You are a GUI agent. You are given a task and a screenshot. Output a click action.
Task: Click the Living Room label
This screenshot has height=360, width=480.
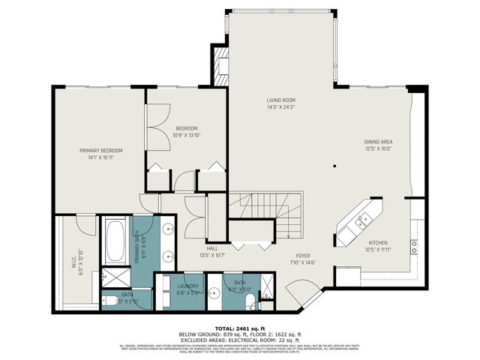(281, 103)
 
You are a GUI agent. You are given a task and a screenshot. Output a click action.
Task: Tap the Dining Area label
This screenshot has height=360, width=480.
(378, 145)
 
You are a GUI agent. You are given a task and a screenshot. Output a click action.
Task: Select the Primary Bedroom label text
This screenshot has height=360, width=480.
(100, 154)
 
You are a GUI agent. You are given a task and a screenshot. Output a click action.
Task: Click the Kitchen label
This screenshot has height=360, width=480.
(378, 246)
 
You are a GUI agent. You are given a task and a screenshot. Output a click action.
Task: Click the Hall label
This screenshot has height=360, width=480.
(212, 250)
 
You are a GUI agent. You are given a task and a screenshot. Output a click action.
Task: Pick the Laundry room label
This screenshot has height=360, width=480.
(187, 289)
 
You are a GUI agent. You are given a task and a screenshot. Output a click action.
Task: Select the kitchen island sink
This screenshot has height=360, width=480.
(363, 220)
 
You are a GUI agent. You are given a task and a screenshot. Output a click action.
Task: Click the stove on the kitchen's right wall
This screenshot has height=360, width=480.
(413, 245)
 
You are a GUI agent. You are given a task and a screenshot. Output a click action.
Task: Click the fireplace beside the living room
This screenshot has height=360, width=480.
(220, 66)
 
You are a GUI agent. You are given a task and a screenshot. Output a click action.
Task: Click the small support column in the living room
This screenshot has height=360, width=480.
(334, 166)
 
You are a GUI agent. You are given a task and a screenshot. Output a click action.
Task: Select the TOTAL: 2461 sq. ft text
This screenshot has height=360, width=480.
(239, 328)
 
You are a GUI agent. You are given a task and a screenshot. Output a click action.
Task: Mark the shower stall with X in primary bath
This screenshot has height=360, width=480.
(116, 277)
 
